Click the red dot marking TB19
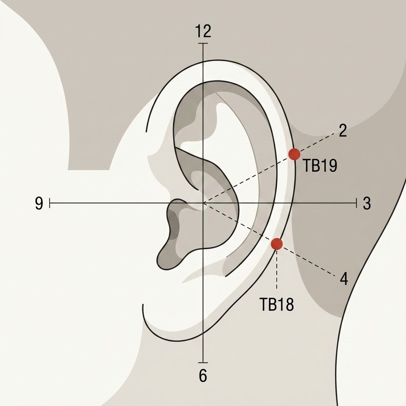pos(295,154)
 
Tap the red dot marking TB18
pos(277,244)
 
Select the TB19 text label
pos(320,166)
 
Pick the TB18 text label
pos(276,304)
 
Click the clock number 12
pos(203,31)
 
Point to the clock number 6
pos(203,375)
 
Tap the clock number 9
pos(39,203)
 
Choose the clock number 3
pos(367,203)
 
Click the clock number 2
pos(343,131)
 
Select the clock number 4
pos(344,279)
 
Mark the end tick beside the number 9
pos(50,203)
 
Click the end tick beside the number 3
pos(357,203)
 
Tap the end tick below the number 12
pos(203,43)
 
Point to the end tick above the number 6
pos(203,362)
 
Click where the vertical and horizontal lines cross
pos(203,203)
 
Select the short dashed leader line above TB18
pos(277,269)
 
